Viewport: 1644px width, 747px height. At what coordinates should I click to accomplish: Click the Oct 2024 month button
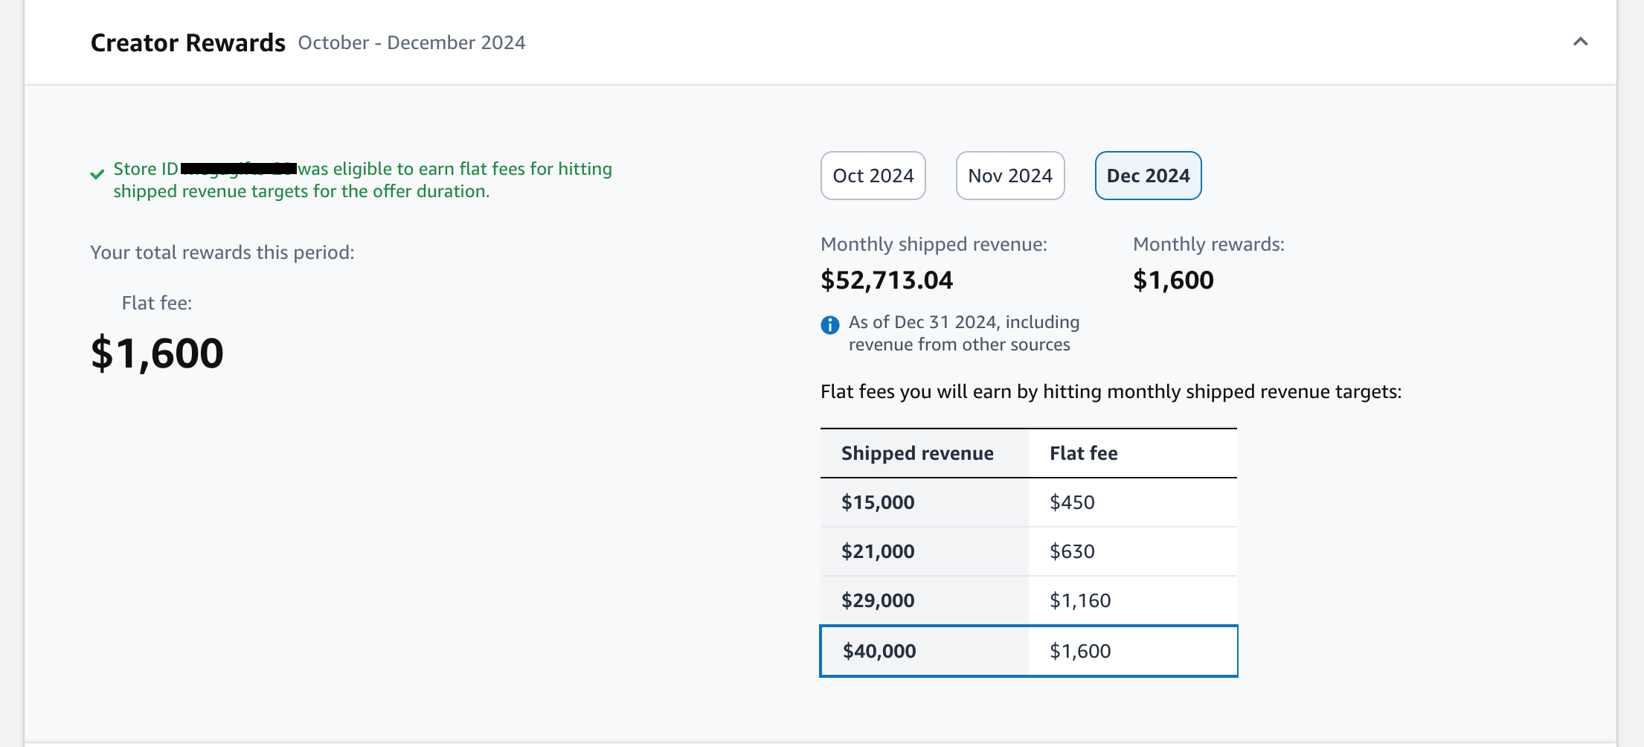(x=873, y=176)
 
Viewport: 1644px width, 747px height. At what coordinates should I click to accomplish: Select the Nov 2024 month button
(x=1009, y=176)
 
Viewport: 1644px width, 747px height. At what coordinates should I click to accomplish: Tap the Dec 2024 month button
(x=1148, y=176)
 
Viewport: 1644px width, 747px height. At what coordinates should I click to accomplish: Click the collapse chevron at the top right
(x=1580, y=42)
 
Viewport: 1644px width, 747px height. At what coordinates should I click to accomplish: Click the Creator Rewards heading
(x=187, y=43)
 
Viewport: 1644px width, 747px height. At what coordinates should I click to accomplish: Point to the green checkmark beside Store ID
(x=97, y=174)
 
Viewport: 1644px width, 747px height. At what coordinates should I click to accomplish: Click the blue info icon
(x=829, y=325)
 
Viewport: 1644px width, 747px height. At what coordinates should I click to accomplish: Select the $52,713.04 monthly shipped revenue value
(x=886, y=280)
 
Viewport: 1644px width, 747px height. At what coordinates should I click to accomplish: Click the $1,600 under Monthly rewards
(x=1173, y=280)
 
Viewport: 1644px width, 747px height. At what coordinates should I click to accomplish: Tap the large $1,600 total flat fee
(x=157, y=353)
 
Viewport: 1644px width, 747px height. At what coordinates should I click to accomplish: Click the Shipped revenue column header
(x=917, y=453)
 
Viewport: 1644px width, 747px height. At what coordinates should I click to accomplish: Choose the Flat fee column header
(x=1083, y=453)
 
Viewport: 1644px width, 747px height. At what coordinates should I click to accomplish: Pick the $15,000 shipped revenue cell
(x=878, y=502)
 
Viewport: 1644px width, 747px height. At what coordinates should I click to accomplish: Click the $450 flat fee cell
(x=1072, y=502)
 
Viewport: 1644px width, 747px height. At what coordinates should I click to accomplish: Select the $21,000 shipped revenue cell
(x=878, y=551)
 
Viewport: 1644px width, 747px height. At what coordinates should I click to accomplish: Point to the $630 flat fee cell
(x=1072, y=551)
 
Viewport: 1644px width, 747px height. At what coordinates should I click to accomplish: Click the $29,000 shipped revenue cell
(x=878, y=600)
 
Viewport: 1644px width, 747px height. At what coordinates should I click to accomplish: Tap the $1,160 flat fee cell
(x=1080, y=600)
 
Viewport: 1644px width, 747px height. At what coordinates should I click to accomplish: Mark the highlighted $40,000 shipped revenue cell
(x=879, y=651)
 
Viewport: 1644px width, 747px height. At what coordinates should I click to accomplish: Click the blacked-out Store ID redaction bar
(x=239, y=168)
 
